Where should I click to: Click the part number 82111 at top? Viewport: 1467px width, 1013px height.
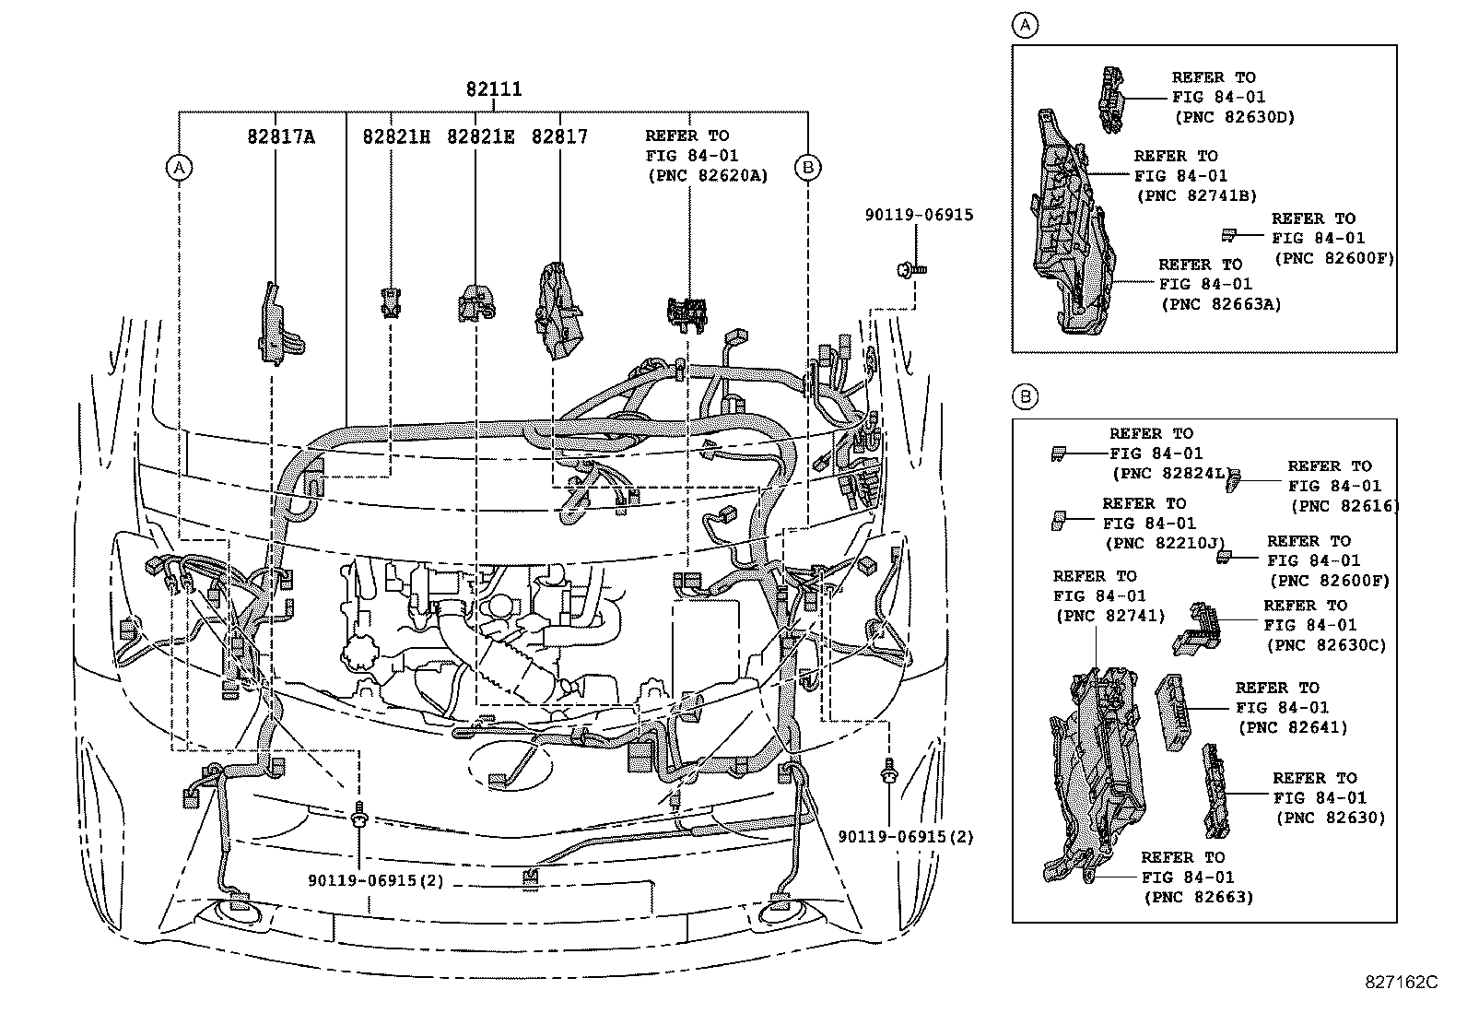493,89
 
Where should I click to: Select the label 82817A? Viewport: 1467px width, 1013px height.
280,137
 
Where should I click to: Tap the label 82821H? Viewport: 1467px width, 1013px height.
396,137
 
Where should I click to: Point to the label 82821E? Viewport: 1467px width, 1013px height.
480,137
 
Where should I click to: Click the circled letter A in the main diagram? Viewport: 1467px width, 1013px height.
179,167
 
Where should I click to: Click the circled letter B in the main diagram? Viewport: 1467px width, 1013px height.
807,167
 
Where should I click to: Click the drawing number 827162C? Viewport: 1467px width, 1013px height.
1401,983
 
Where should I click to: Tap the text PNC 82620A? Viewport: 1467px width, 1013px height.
708,176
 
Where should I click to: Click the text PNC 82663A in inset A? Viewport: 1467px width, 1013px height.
1221,304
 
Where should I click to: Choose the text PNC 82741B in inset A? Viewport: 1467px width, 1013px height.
1197,195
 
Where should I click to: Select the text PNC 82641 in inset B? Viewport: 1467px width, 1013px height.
1293,727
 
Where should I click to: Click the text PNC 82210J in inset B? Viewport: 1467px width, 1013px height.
1165,544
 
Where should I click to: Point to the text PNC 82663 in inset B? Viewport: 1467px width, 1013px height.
1198,897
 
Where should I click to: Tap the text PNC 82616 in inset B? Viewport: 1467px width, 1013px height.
1344,505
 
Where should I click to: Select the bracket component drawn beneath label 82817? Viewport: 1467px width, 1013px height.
558,310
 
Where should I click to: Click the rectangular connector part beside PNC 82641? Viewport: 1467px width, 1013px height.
1173,712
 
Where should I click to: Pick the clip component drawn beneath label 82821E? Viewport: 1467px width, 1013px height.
475,302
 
